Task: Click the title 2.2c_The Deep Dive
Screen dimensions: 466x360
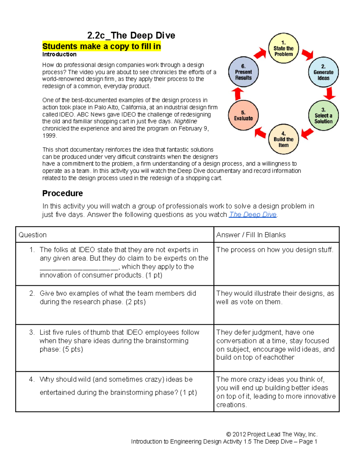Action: pos(131,35)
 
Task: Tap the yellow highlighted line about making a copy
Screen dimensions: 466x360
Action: pos(101,47)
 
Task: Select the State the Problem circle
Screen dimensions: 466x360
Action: pos(283,48)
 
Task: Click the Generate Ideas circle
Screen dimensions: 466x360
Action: pos(323,72)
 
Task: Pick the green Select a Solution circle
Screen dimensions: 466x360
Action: pos(323,116)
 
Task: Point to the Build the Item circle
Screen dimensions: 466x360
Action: pos(283,139)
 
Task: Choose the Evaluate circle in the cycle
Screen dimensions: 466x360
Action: pos(243,116)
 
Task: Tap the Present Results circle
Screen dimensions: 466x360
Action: pos(243,72)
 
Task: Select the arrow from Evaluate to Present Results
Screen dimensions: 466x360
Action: pos(238,94)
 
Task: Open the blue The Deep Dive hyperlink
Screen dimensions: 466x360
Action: pos(253,215)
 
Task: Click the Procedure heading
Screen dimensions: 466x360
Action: pos(62,193)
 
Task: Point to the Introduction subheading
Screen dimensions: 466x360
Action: pos(59,54)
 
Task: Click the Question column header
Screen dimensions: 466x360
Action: pos(33,235)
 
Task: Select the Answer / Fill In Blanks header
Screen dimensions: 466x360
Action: pos(251,235)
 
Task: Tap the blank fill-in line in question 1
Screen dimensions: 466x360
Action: pos(79,268)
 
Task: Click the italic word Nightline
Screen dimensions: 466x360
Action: pos(185,122)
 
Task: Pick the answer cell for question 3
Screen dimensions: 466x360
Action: pos(276,345)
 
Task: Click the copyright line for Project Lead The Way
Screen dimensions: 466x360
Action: pos(271,434)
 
